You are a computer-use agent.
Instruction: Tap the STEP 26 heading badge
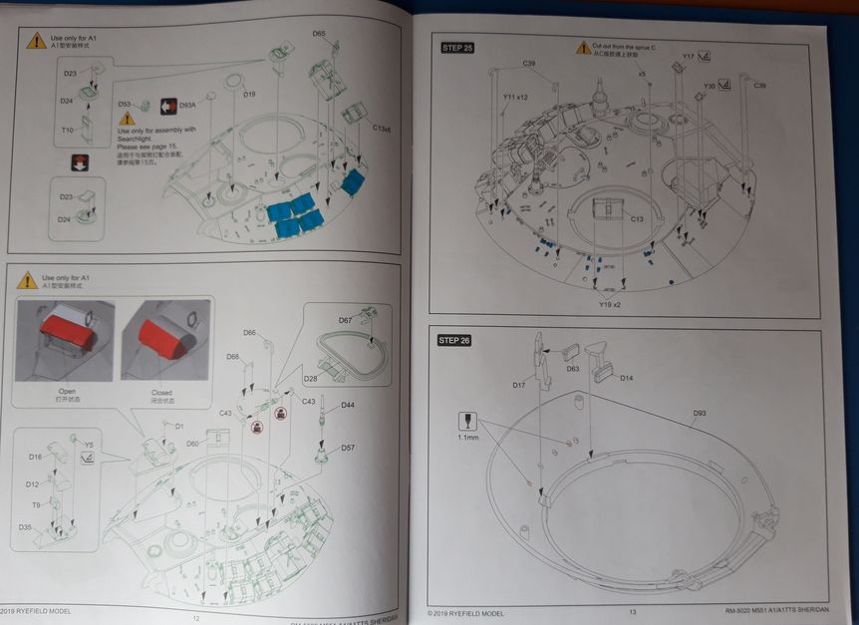click(453, 341)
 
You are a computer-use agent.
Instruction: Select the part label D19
click(250, 96)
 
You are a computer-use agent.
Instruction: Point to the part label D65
click(319, 34)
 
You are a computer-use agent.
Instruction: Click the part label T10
click(68, 131)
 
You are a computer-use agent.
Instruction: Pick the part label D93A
click(188, 105)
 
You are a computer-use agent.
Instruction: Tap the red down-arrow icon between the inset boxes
click(80, 163)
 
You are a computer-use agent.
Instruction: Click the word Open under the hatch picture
click(66, 392)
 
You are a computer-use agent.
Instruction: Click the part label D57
click(348, 448)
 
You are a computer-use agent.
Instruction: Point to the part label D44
click(348, 406)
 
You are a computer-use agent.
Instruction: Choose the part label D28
click(310, 379)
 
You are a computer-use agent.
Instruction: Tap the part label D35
click(26, 527)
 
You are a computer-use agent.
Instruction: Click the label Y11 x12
click(515, 98)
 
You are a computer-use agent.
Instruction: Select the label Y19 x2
click(610, 304)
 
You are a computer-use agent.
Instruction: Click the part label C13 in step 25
click(638, 218)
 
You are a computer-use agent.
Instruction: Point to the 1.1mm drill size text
click(467, 438)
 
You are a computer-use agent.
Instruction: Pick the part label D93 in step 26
click(700, 413)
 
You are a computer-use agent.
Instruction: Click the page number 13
click(632, 612)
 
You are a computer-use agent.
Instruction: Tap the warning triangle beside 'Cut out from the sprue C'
click(583, 48)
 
